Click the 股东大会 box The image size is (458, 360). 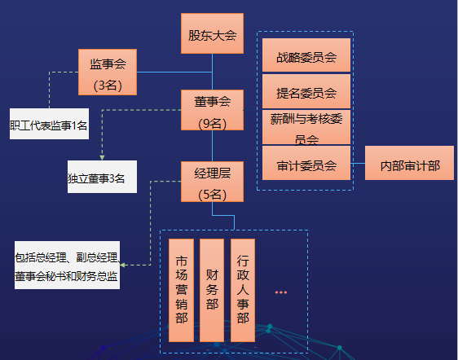tap(212, 33)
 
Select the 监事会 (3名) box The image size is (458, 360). tap(108, 72)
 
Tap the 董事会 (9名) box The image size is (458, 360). tap(212, 110)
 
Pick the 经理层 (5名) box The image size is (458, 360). tap(212, 182)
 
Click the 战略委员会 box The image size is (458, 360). tap(306, 55)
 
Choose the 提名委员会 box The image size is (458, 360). tap(306, 91)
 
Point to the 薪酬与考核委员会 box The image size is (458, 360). tap(306, 127)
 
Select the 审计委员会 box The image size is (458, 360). tap(306, 163)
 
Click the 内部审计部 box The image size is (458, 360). tap(409, 163)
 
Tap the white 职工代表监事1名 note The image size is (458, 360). tap(49, 124)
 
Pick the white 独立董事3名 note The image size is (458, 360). tap(102, 177)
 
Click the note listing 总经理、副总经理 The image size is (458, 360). tap(67, 265)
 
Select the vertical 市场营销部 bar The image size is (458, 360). tap(181, 290)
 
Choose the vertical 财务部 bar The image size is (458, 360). tap(212, 290)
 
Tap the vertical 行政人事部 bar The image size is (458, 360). tap(243, 290)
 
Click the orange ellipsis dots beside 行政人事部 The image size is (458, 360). tap(281, 292)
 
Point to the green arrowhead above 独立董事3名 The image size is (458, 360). tap(102, 158)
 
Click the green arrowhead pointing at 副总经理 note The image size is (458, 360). tap(123, 265)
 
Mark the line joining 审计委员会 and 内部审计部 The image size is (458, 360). tap(358, 163)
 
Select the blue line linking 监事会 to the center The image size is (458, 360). tap(174, 72)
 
